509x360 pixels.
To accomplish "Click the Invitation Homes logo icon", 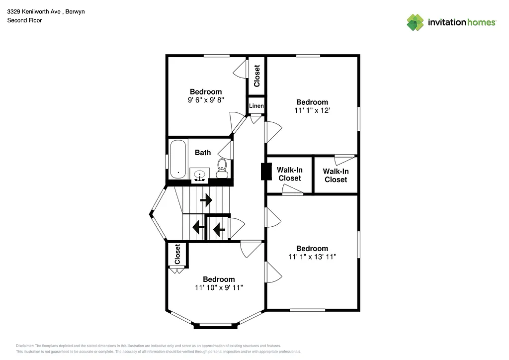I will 415,22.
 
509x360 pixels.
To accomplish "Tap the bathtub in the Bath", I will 178,159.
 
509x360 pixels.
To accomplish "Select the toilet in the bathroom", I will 222,168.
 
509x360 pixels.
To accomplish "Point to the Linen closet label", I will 256,106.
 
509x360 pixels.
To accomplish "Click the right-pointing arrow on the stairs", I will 206,200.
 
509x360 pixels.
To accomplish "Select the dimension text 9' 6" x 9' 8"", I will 206,100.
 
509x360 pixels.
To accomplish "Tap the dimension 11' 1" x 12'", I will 312,110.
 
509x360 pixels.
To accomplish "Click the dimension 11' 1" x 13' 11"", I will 312,257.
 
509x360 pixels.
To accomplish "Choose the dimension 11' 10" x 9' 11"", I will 219,288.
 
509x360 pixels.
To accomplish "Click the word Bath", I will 202,153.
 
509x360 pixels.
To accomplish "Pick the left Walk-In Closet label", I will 289,174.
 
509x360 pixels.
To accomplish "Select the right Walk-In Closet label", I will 336,175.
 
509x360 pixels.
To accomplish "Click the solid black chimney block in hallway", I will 264,172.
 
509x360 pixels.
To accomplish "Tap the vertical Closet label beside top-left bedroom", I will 257,76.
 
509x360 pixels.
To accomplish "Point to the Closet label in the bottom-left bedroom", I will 177,255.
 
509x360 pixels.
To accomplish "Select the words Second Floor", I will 24,20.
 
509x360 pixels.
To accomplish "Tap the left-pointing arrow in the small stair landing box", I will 219,229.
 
